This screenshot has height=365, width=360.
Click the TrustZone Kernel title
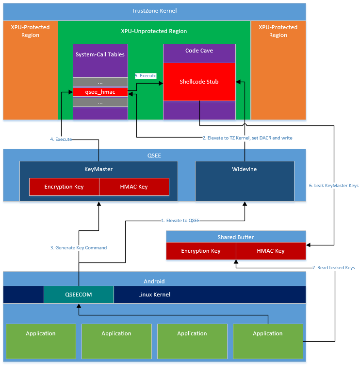tap(154, 11)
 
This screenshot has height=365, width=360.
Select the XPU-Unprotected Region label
tap(154, 31)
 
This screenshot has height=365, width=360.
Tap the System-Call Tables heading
tap(100, 54)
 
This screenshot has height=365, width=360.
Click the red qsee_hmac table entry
tap(100, 91)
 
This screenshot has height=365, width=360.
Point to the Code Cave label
tap(199, 51)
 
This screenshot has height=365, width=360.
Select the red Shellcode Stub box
tap(199, 82)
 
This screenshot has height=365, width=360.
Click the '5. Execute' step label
tap(146, 76)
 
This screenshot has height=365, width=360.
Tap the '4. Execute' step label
tap(61, 139)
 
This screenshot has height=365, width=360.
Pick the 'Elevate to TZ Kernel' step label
tap(247, 138)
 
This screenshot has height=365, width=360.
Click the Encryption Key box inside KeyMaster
tap(64, 187)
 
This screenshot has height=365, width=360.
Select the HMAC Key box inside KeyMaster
tap(134, 187)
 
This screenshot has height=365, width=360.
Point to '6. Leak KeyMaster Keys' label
tap(334, 185)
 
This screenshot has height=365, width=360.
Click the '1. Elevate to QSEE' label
tap(180, 220)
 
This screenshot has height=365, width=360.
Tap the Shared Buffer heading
tap(235, 237)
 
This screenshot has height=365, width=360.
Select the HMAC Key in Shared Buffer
tap(271, 251)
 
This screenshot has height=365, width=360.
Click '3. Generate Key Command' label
tap(78, 247)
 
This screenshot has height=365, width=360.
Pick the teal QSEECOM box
tap(79, 295)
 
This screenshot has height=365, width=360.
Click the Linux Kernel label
tap(154, 295)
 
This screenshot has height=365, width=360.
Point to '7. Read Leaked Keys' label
tap(333, 268)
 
